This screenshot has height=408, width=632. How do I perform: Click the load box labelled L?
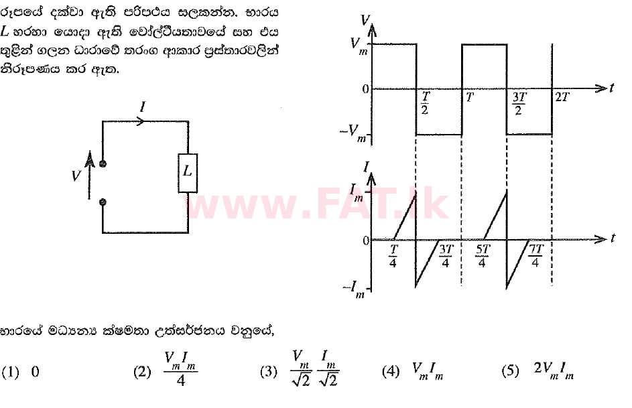(188, 172)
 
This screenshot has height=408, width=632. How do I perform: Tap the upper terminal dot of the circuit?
(103, 163)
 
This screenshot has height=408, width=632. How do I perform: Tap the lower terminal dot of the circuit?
(103, 201)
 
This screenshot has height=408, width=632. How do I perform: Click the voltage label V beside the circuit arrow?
(76, 175)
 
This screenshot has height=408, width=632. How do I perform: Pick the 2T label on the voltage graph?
(562, 98)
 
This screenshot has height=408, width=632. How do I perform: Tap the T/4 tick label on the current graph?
(394, 256)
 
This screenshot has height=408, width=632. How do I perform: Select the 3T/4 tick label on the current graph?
(446, 256)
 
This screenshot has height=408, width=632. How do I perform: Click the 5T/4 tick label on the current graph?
(483, 256)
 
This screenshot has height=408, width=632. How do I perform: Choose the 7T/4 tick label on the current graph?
(535, 256)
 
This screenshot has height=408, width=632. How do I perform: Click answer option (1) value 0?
(35, 372)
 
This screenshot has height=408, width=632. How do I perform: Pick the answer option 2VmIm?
(554, 370)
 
